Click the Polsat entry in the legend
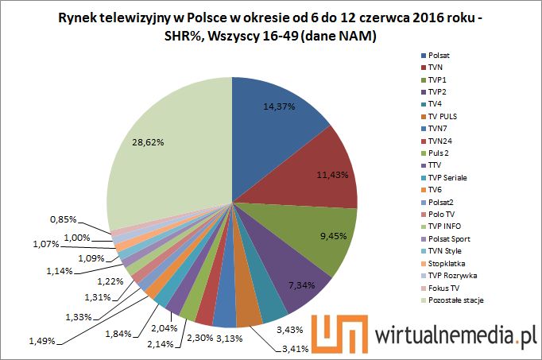coord(440,56)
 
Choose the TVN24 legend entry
coord(442,141)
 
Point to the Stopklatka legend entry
coord(447,262)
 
